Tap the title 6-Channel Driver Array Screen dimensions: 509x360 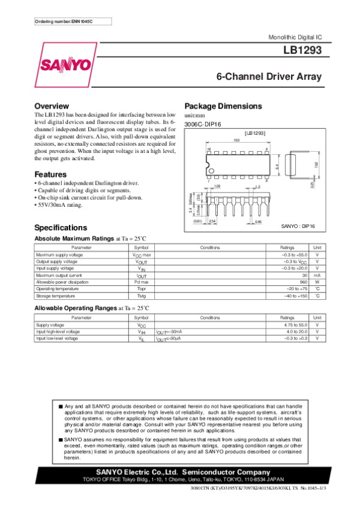[x=269, y=77]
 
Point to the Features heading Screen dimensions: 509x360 [x=50, y=173]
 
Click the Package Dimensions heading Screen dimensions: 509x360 [x=223, y=106]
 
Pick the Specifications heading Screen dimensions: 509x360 [x=61, y=228]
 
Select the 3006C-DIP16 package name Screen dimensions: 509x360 [x=203, y=124]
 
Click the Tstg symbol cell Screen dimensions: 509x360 [x=141, y=296]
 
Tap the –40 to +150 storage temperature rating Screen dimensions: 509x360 [x=295, y=296]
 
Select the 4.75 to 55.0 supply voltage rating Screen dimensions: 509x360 [x=296, y=324]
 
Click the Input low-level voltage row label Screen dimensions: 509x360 [x=57, y=339]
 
